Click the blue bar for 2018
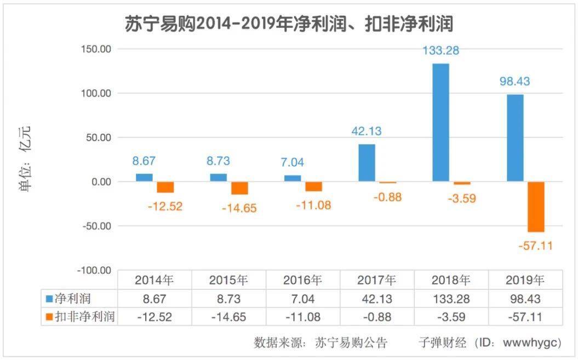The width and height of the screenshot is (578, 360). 440,122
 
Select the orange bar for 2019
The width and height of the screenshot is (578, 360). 536,207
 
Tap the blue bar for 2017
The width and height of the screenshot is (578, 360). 367,163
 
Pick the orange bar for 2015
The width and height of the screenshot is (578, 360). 240,188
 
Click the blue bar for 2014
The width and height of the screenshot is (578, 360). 144,178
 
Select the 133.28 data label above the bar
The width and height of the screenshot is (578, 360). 440,51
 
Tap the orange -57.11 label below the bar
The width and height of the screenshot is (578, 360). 535,246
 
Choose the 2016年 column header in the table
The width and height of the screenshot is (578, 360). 302,280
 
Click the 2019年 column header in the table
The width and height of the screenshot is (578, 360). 524,280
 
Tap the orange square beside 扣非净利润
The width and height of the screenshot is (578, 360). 49,317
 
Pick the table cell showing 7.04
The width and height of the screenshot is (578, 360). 302,299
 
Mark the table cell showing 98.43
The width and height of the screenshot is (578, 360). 524,299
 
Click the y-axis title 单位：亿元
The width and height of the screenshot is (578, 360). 26,159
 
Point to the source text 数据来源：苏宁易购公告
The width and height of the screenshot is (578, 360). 321,343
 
